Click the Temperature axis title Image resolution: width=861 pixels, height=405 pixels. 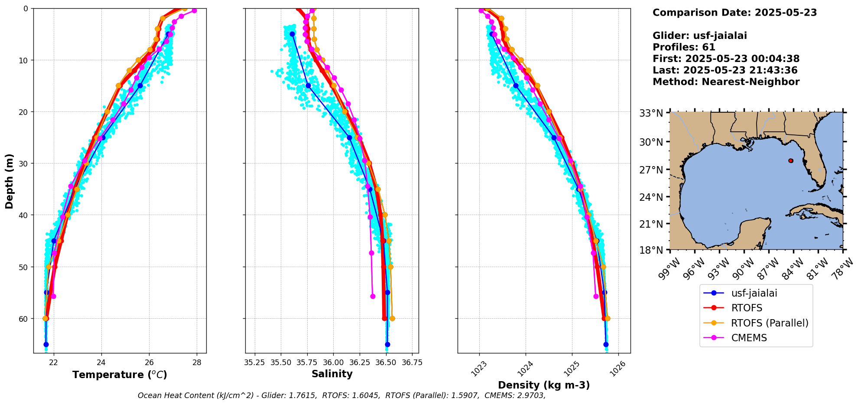pyautogui.click(x=120, y=375)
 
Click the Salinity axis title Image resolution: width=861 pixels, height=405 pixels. pyautogui.click(x=332, y=374)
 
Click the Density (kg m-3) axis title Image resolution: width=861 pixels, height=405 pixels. pyautogui.click(x=544, y=385)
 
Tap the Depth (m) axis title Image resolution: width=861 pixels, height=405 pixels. pyautogui.click(x=10, y=181)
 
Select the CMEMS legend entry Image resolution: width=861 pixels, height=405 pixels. pyautogui.click(x=749, y=338)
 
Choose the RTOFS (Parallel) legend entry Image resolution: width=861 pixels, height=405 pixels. pyautogui.click(x=769, y=323)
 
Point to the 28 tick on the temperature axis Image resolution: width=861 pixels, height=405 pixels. pyautogui.click(x=197, y=362)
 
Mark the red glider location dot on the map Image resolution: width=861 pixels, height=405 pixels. pyautogui.click(x=791, y=160)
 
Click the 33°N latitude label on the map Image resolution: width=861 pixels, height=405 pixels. pyautogui.click(x=651, y=113)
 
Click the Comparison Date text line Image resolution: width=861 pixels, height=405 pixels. pyautogui.click(x=734, y=13)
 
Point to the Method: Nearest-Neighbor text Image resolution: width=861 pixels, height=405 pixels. pyautogui.click(x=726, y=82)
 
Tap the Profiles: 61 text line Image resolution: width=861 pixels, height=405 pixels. pyautogui.click(x=684, y=47)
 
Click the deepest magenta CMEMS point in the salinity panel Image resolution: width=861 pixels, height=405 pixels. pyautogui.click(x=373, y=296)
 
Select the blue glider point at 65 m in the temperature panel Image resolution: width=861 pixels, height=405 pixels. pyautogui.click(x=46, y=344)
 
